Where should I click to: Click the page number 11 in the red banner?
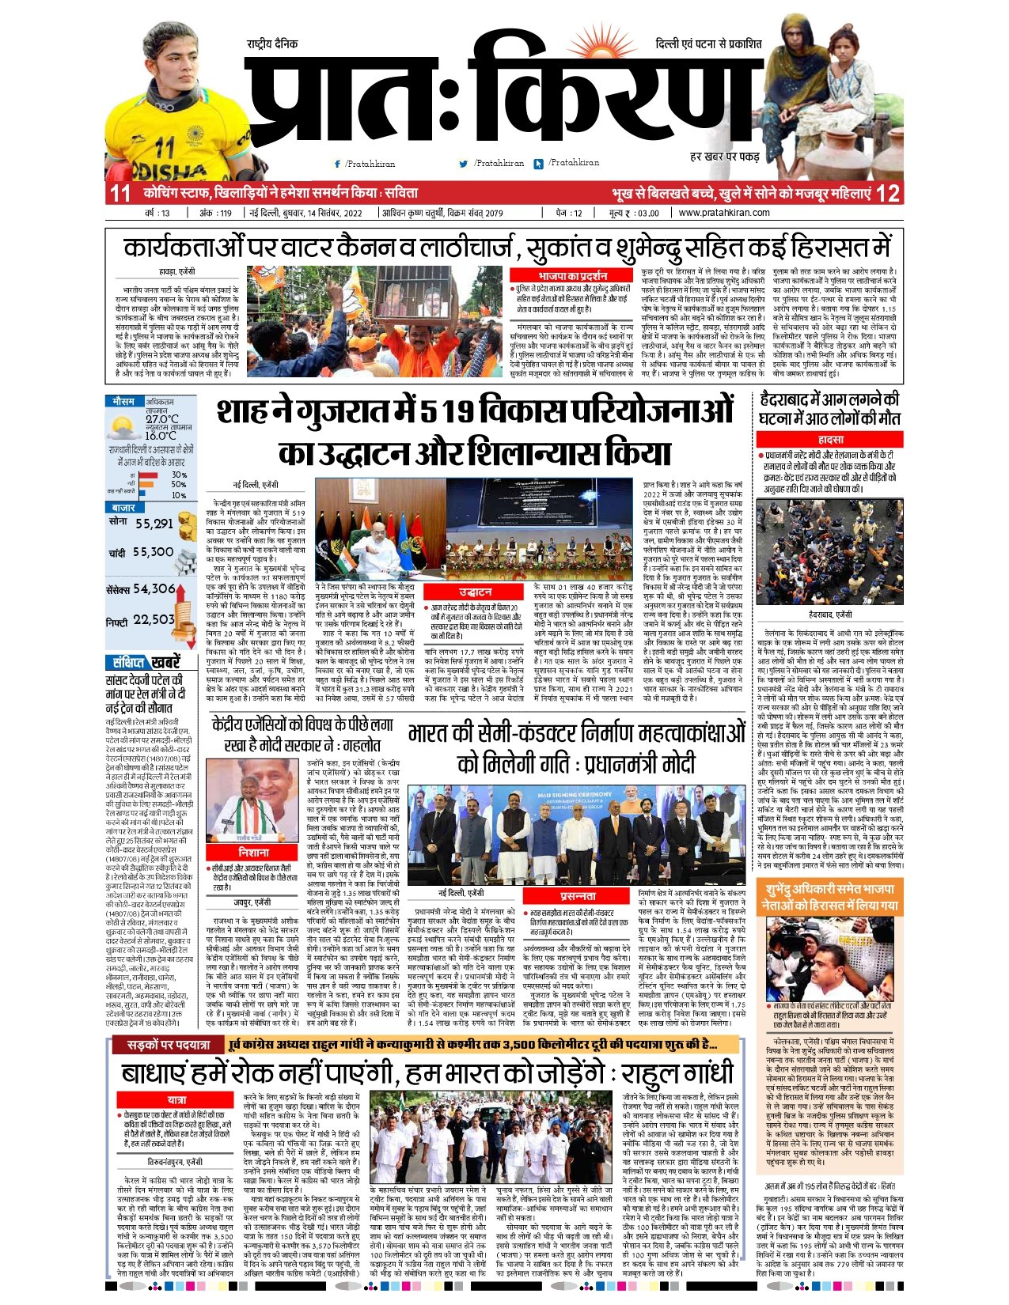[x=120, y=193]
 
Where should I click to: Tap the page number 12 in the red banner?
[x=888, y=193]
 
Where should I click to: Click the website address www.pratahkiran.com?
[x=724, y=213]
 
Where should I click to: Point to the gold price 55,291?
[x=154, y=524]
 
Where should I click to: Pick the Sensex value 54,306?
[x=154, y=588]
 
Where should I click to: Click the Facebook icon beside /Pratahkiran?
[x=338, y=164]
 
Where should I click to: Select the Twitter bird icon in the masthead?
[x=464, y=164]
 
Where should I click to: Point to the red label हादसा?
[x=830, y=439]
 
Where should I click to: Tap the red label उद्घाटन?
[x=475, y=592]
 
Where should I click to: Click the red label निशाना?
[x=254, y=853]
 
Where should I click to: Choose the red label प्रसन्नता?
[x=578, y=896]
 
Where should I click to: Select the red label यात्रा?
[x=176, y=1100]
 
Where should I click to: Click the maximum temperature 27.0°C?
[x=161, y=419]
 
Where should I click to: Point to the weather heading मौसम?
[x=123, y=402]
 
